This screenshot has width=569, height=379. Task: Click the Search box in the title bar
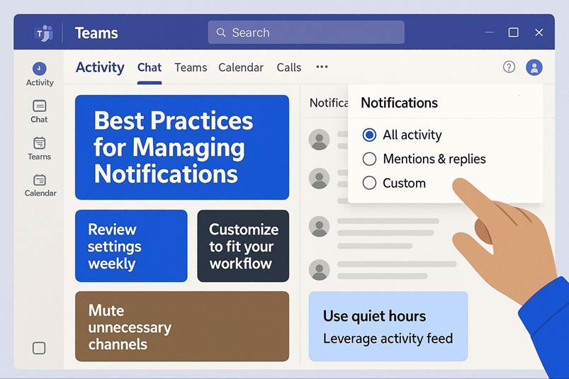coord(306,33)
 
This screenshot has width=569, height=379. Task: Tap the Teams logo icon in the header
coord(44,33)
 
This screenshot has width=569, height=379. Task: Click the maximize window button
coord(513,33)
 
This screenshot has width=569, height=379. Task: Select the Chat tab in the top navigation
coord(149,67)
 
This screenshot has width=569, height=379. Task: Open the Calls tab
coord(289,67)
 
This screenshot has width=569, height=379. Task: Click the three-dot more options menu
coord(322,67)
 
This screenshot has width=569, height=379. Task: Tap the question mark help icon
coord(509,67)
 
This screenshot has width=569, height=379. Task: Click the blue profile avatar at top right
coord(534,67)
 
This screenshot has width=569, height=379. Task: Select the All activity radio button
coord(369,135)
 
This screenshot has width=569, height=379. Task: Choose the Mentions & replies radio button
coord(369,159)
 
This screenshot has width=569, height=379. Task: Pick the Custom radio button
coord(369,183)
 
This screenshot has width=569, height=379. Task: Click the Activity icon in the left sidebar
coord(39,69)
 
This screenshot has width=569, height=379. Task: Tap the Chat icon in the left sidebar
coord(39,106)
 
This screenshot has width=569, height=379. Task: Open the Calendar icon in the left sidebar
coord(39,180)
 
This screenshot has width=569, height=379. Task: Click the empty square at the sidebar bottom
coord(39,348)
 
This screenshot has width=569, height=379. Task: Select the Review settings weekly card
coord(131,246)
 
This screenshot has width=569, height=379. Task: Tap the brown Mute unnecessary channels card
coord(182,327)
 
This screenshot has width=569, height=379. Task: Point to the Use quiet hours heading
coord(375,316)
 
